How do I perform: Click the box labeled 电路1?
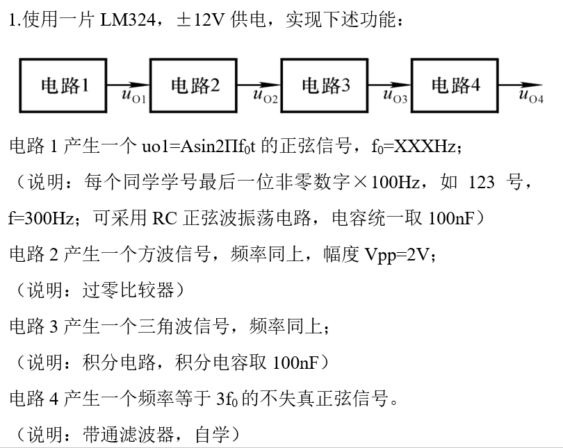tap(63, 85)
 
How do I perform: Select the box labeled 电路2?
tap(193, 85)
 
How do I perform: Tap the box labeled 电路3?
tap(324, 85)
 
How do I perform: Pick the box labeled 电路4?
tap(455, 85)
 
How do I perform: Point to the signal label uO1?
tap(133, 96)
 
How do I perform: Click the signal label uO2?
tap(266, 96)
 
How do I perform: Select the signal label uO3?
tap(395, 96)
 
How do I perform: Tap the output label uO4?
tap(532, 96)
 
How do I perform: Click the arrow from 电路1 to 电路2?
tap(128, 85)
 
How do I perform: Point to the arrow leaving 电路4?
tap(521, 85)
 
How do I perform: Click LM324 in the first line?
tap(127, 19)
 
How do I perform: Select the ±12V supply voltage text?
tap(200, 19)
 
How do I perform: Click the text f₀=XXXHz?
tap(414, 147)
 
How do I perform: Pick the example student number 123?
tap(482, 182)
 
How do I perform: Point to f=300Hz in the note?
tap(41, 217)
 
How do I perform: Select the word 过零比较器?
tap(128, 290)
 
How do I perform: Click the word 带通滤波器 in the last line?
tap(128, 435)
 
